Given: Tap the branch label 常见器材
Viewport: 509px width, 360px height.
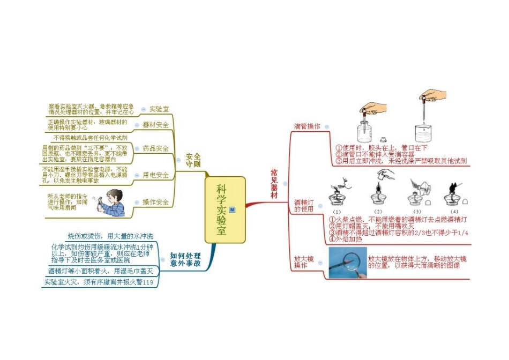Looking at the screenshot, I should (274, 184).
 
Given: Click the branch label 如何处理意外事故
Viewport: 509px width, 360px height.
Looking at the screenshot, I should (185, 260).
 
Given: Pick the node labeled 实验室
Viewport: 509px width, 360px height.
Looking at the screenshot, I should (159, 109).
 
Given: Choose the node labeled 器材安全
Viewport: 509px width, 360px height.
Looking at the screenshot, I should (156, 125).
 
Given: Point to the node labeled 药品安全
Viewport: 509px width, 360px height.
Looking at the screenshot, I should (156, 148).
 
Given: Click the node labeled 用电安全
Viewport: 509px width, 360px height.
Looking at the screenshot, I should (156, 175).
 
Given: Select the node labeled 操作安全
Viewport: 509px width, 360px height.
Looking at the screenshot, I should (156, 202).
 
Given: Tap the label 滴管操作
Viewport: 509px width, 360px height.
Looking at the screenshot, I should (307, 126).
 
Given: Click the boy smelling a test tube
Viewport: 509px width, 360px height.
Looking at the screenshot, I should (113, 202).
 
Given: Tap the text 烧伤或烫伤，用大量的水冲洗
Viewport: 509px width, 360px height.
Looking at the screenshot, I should (111, 236).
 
